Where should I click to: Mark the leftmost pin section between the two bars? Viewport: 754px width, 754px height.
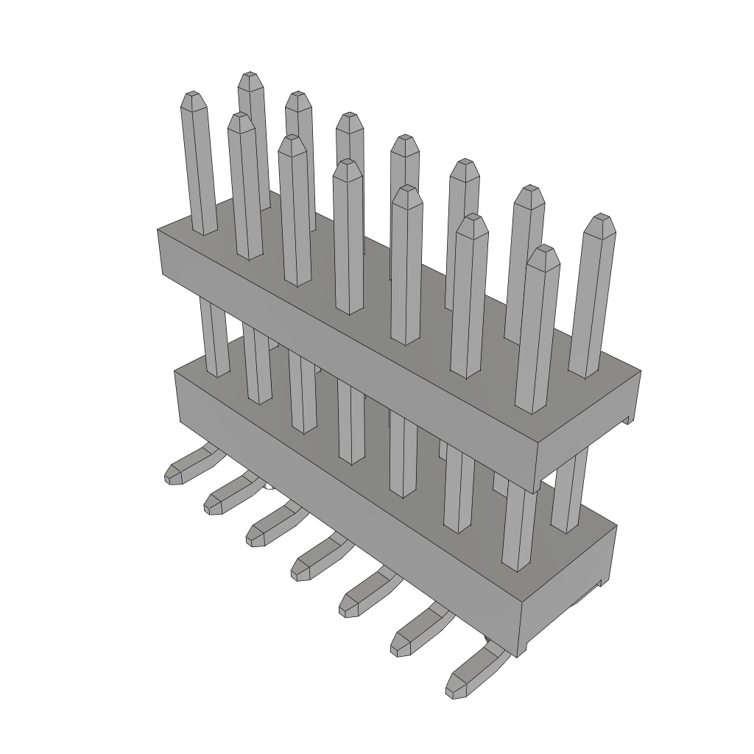pos(214,339)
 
